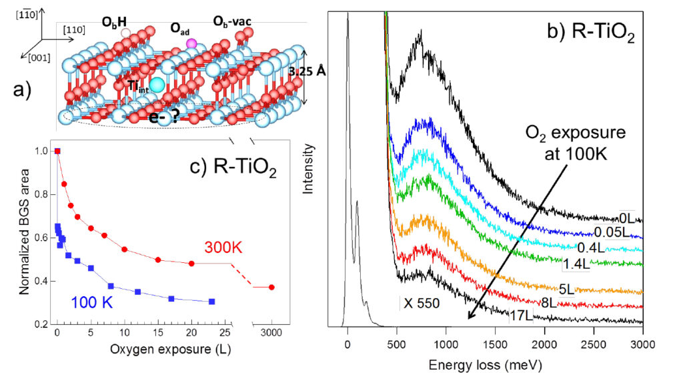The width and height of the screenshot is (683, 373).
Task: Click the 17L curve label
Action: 520,314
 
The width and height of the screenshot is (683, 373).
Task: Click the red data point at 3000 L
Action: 271,288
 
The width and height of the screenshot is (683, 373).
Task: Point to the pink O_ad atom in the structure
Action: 191,44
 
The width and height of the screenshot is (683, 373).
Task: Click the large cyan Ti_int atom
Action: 157,85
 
